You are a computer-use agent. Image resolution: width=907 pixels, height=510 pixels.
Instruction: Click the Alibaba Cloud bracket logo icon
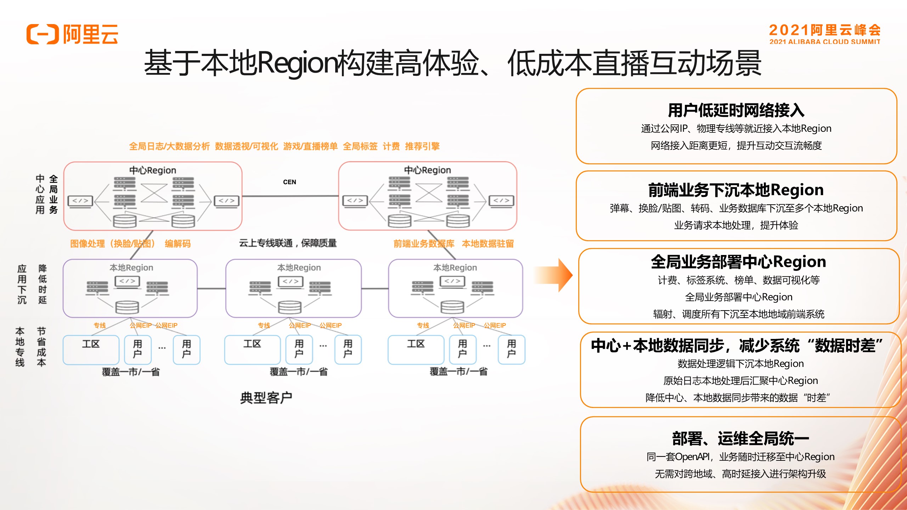(43, 34)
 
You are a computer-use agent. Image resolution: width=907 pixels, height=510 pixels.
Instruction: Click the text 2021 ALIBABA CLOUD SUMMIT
(824, 42)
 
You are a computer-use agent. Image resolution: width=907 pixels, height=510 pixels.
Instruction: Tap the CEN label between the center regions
(289, 182)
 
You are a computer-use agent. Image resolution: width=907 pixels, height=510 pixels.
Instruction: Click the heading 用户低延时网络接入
(736, 110)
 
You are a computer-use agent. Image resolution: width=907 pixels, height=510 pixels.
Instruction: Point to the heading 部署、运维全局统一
(740, 439)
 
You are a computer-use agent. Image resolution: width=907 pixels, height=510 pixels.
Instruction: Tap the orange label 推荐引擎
(422, 146)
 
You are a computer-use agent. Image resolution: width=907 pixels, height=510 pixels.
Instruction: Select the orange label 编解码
(178, 244)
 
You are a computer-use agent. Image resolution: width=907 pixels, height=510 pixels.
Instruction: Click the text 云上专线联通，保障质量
(288, 243)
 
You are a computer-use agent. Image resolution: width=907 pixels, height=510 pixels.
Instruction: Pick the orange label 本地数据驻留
(488, 244)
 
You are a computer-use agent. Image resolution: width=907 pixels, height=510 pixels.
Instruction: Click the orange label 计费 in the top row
(391, 146)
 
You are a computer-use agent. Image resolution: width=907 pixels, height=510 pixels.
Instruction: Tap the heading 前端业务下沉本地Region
(736, 190)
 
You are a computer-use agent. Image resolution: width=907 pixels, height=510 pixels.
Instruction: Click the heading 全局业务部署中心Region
(738, 262)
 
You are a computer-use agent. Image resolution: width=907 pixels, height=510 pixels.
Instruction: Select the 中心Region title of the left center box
(152, 170)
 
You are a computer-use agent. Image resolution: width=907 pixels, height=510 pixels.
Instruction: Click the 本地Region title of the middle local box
(299, 268)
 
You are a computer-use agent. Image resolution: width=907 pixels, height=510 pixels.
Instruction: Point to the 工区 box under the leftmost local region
(91, 349)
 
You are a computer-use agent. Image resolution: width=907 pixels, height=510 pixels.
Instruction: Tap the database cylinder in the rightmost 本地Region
(452, 306)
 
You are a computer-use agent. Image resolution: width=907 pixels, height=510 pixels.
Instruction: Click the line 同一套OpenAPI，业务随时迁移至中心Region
(740, 457)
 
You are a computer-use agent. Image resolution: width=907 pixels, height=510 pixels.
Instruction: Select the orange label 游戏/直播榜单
(310, 146)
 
